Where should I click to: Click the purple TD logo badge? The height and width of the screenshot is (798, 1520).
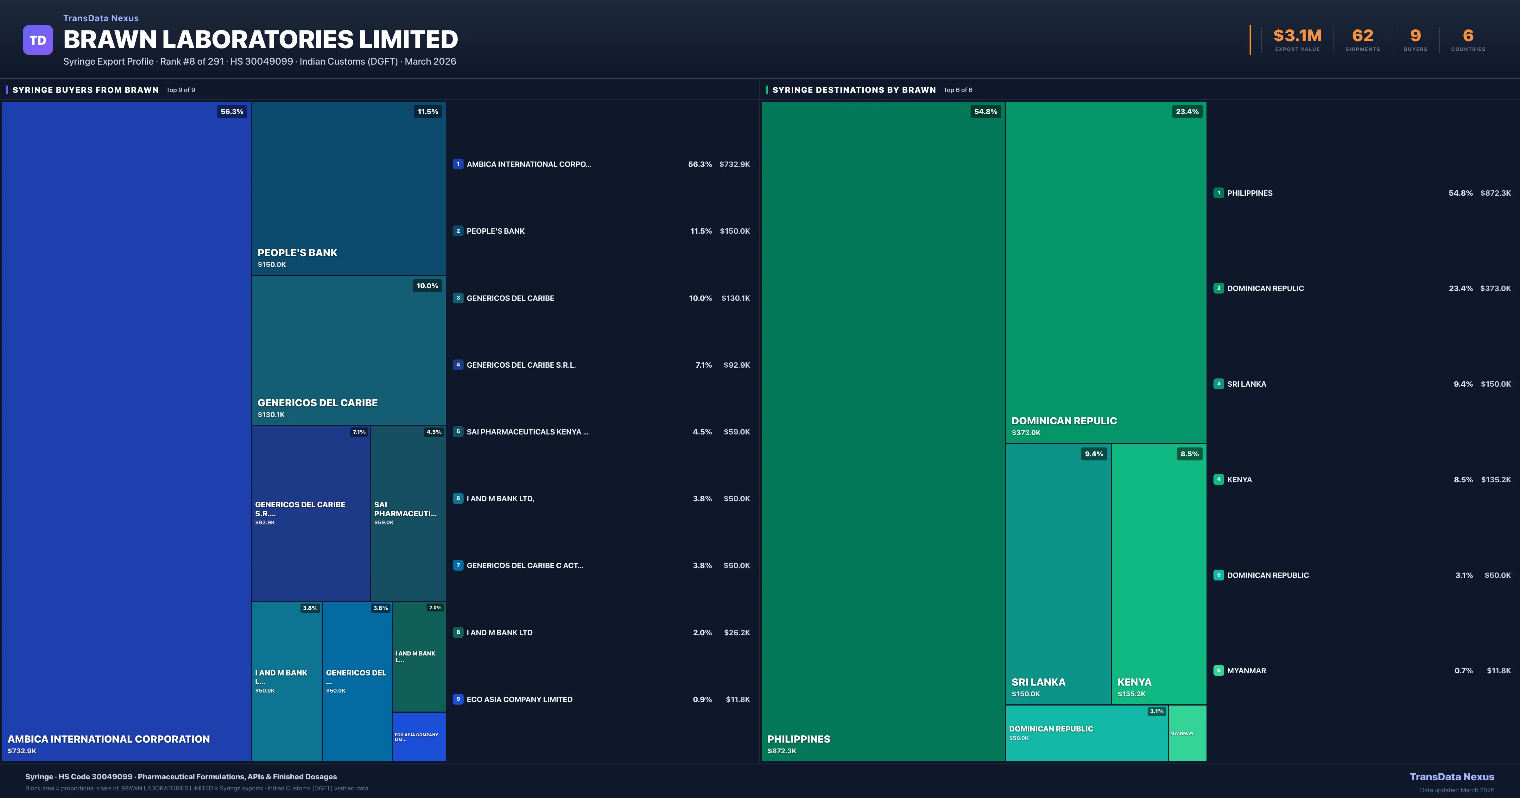38,40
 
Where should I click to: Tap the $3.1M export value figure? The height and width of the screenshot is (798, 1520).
1297,36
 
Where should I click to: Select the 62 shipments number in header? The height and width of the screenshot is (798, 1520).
1362,36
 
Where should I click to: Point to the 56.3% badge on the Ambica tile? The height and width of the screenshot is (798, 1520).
232,111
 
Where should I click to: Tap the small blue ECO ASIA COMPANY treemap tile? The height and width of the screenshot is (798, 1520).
419,737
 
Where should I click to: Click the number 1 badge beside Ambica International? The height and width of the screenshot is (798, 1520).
458,164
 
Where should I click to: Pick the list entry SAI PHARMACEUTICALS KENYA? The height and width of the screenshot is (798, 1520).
527,432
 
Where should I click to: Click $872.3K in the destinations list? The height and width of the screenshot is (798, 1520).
1495,193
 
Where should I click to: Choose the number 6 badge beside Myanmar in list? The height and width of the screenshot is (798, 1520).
1219,670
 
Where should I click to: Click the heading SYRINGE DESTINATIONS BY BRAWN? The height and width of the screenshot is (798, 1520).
854,90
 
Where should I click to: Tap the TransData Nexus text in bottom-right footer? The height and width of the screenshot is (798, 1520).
1452,777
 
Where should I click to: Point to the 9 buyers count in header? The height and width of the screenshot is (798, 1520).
1415,36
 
